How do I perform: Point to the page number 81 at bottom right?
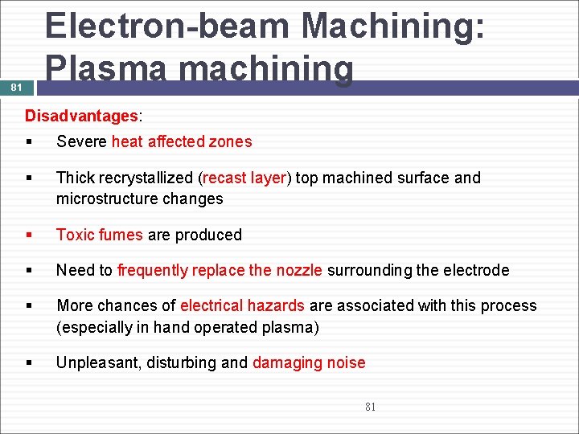370,407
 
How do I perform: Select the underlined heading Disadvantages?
81,116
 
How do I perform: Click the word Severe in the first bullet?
81,142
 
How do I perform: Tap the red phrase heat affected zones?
182,142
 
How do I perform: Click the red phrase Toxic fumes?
99,235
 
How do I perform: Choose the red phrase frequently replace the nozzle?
220,270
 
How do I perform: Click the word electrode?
474,270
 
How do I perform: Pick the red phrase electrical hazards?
242,305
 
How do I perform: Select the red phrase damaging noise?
309,362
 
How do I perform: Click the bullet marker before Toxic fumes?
29,235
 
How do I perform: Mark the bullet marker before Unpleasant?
29,363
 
